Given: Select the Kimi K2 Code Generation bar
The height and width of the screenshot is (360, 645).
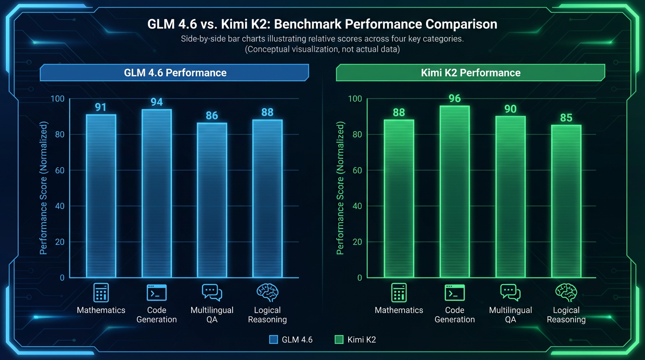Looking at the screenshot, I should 455,192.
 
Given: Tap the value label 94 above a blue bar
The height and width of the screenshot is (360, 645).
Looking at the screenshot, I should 157,102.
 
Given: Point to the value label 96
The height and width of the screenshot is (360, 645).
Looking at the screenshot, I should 455,98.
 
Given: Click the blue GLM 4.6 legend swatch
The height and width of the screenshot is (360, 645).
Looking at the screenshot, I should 274,339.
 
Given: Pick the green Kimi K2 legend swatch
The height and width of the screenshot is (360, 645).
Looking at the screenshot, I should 339,339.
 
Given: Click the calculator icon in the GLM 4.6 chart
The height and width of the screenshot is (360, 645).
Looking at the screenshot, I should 101,292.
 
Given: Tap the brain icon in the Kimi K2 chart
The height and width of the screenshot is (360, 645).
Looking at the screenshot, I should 566,292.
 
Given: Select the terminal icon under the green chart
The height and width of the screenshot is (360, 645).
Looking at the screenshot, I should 455,292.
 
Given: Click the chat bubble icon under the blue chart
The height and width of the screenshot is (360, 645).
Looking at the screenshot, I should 212,292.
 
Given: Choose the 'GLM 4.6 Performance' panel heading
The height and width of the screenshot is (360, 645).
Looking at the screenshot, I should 175,73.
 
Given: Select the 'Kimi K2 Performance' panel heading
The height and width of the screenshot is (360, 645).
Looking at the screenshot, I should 471,73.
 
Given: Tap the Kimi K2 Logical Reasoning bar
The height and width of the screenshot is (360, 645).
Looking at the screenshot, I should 566,201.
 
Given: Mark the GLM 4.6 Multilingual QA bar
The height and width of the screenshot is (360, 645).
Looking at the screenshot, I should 212,200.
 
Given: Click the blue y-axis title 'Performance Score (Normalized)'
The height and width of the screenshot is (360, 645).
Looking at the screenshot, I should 44,187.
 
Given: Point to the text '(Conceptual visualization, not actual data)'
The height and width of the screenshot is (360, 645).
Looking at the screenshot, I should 322,49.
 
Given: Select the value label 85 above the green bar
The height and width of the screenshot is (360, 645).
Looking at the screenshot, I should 566,118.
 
